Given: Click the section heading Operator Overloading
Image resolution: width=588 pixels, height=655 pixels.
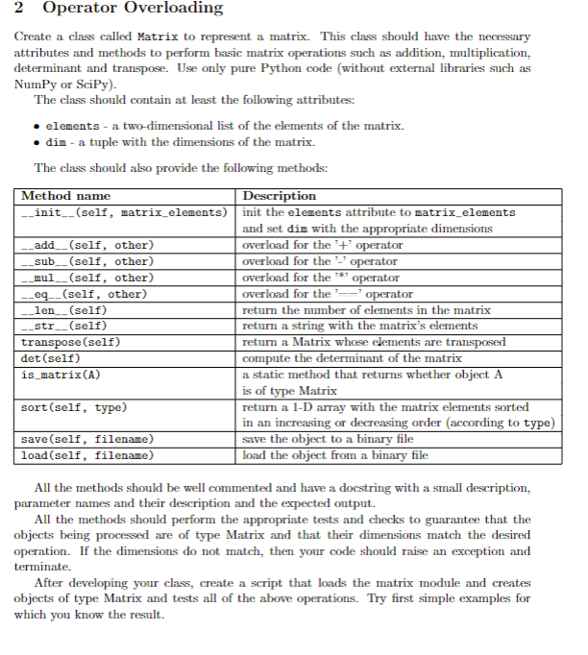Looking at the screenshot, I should (134, 9).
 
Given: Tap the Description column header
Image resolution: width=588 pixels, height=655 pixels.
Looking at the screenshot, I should (282, 197).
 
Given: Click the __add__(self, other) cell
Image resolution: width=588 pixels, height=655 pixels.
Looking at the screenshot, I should (87, 245).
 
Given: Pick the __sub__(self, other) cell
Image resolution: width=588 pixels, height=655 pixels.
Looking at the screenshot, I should (87, 261).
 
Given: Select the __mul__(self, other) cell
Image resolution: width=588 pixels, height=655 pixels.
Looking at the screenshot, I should (87, 278).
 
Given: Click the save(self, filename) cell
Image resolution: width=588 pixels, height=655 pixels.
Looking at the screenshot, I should (87, 439).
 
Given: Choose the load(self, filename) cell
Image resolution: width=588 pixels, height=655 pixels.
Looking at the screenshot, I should (87, 455).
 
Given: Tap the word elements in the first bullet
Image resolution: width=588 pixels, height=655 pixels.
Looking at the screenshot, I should (72, 126).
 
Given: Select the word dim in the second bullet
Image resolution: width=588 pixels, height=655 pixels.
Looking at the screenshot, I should (56, 142).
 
